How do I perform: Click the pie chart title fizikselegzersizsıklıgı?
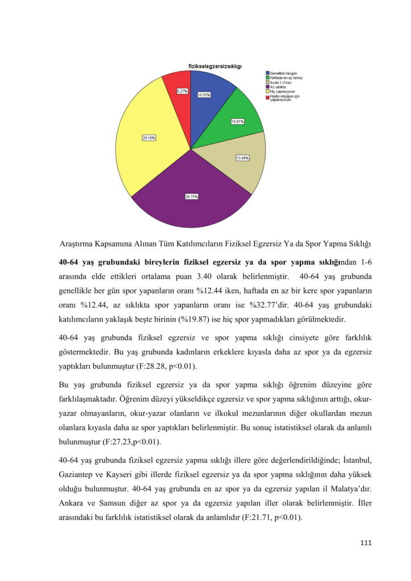(215, 66)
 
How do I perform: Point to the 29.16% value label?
(149, 137)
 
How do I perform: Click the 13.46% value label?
(243, 158)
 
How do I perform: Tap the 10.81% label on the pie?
(238, 121)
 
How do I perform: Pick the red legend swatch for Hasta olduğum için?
(267, 96)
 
